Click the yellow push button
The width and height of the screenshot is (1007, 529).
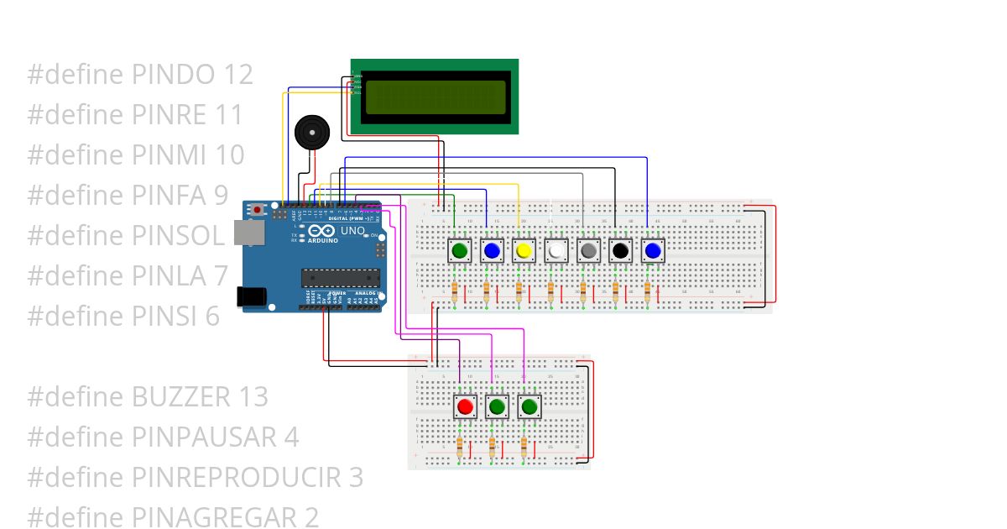[x=524, y=250]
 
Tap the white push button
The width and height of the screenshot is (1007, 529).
[x=556, y=250]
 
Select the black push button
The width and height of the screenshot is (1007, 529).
[x=620, y=250]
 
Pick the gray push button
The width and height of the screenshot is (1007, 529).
[x=588, y=250]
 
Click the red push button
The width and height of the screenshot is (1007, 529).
[x=465, y=407]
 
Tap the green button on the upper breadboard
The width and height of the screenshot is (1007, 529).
[x=459, y=250]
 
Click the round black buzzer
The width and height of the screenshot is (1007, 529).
[x=311, y=133]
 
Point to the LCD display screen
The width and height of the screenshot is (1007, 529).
[x=434, y=97]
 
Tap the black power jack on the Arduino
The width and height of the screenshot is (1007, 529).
[x=251, y=296]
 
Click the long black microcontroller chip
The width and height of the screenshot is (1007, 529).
[x=341, y=278]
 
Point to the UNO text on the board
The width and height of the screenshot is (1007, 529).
[x=352, y=230]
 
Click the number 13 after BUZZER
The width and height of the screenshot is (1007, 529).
[x=252, y=396]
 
